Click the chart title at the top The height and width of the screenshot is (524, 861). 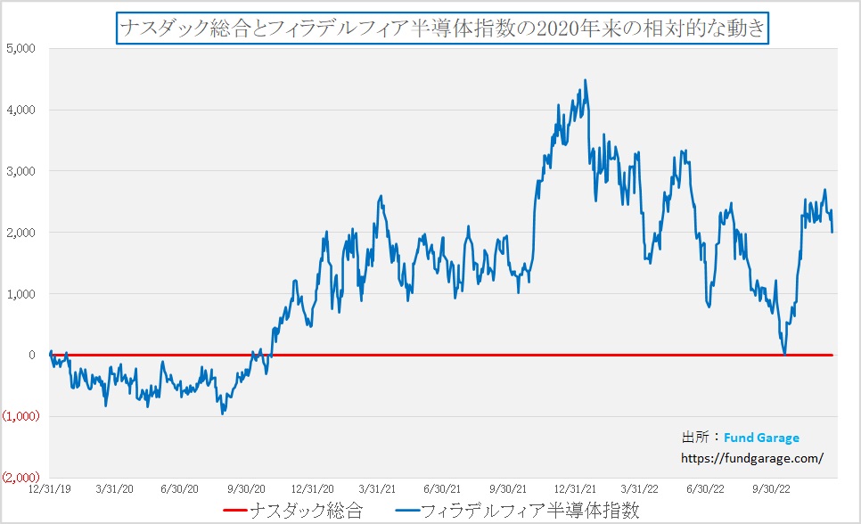click(x=441, y=29)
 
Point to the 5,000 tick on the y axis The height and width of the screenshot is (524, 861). click(x=19, y=48)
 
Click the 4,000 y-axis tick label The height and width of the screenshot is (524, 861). click(x=19, y=110)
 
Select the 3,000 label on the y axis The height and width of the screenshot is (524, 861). click(x=19, y=171)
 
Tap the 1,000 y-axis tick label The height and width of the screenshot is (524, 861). click(x=19, y=294)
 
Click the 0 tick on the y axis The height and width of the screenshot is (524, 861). click(x=30, y=355)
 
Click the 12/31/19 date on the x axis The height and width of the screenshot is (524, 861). click(x=50, y=488)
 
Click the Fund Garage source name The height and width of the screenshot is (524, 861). click(x=761, y=438)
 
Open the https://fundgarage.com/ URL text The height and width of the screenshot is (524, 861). click(x=750, y=458)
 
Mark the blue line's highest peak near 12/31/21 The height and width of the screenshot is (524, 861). click(x=585, y=80)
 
